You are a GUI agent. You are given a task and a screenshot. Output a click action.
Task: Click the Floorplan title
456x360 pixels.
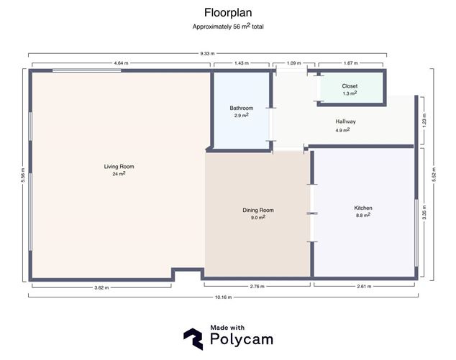coord(228,12)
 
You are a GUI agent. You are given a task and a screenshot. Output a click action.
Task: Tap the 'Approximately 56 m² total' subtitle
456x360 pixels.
coord(228,27)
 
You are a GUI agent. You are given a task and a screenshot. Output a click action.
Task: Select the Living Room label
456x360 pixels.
coord(119,166)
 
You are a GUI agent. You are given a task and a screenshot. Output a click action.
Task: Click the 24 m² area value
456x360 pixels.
coord(119,174)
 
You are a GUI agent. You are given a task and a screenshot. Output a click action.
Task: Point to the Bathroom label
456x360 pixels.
coord(241,108)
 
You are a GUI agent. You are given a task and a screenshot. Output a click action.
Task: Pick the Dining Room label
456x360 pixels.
coord(257,210)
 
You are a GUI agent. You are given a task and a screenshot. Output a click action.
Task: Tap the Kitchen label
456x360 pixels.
coord(362,208)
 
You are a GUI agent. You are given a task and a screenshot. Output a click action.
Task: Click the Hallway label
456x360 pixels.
coord(345,121)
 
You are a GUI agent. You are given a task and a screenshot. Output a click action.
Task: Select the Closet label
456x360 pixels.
coord(350,86)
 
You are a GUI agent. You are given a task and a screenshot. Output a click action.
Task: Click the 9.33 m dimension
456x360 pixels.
coord(207,53)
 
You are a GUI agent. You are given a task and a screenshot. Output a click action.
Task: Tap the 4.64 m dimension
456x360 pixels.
coord(121,63)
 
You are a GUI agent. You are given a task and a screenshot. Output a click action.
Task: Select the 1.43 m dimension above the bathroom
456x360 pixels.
coord(241,63)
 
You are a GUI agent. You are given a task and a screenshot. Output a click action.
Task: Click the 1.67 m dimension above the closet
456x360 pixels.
coord(351,63)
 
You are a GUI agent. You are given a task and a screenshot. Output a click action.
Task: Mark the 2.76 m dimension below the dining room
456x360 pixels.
coord(257,287)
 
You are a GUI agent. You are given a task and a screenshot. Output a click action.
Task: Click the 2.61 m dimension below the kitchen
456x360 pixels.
coord(364,287)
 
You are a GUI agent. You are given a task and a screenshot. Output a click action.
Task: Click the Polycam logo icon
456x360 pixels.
coord(193,338)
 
